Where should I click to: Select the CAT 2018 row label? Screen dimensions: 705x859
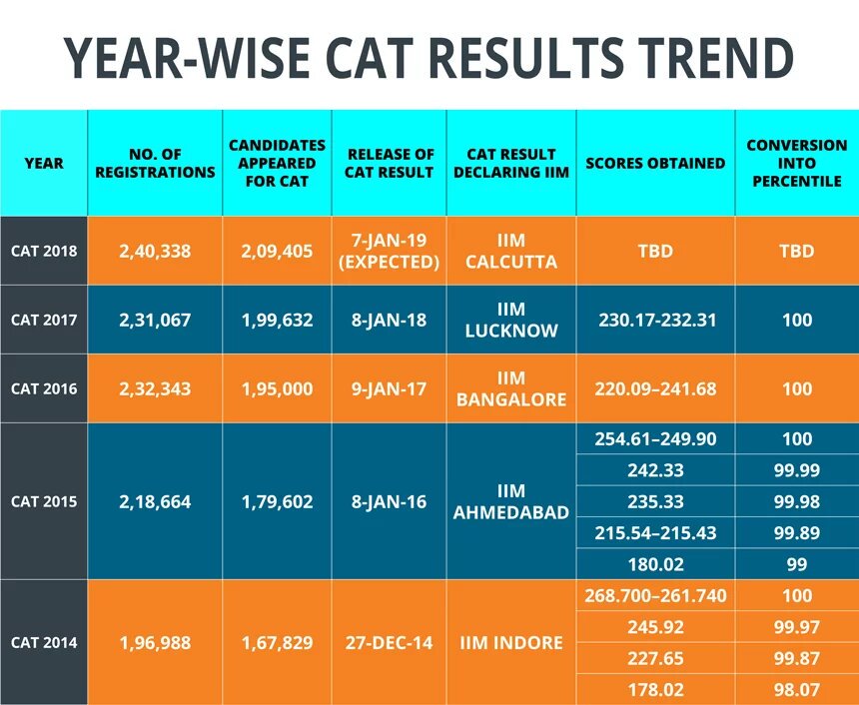point(44,251)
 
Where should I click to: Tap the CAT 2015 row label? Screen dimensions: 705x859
point(44,501)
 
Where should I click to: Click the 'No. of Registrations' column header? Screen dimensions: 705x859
point(155,163)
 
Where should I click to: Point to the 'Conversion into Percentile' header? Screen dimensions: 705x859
point(796,163)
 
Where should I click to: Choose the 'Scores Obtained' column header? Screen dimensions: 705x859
point(655,163)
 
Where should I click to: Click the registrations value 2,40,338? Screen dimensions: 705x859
point(155,251)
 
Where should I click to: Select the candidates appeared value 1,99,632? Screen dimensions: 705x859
point(277,321)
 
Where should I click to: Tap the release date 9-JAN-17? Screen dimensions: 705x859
point(390,388)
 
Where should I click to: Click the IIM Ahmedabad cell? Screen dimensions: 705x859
point(511,501)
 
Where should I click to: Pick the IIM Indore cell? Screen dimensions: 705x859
point(511,642)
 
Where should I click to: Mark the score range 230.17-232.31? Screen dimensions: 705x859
point(655,321)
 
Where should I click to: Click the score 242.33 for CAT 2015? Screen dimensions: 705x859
point(655,469)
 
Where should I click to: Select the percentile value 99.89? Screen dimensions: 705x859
point(796,532)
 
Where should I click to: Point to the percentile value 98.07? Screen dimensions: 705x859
point(796,688)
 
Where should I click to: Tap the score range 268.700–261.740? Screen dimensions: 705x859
point(655,596)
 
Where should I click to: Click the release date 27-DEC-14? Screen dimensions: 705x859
point(390,642)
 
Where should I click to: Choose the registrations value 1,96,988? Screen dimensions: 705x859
point(155,642)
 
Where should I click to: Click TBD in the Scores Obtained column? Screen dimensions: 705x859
point(655,251)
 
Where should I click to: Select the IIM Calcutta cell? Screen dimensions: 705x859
point(511,251)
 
